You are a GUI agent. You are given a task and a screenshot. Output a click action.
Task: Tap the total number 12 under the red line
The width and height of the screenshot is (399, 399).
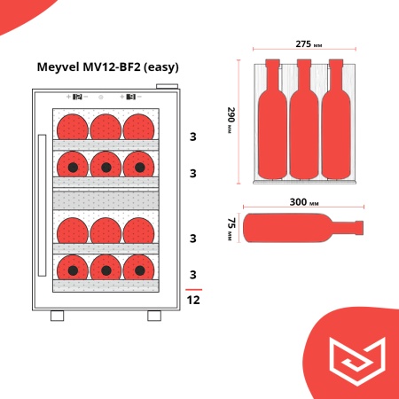click(193, 301)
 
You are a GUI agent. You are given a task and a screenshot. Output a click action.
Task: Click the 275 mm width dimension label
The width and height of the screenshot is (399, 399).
click(304, 45)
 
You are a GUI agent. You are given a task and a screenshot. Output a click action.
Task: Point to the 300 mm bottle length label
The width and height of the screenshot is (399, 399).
click(304, 202)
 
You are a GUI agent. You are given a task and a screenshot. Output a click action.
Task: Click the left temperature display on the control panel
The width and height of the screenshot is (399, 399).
click(76, 97)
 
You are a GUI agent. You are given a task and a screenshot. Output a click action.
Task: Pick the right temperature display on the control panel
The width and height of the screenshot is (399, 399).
click(130, 97)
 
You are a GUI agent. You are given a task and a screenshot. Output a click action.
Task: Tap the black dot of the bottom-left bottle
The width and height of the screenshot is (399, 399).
click(73, 270)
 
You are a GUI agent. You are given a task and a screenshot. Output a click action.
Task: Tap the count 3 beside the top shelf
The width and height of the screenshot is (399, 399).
click(193, 137)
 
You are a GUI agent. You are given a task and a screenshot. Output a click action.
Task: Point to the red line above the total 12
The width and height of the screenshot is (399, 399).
click(193, 290)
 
